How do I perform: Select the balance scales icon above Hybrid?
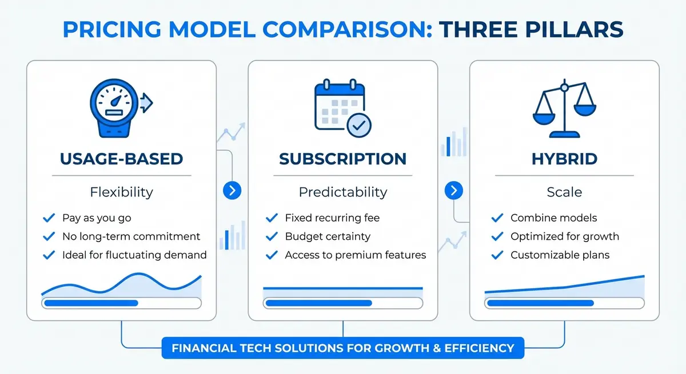(x=564, y=108)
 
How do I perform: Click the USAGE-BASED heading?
(x=121, y=159)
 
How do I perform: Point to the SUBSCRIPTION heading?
(x=343, y=159)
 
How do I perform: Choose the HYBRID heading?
(x=564, y=159)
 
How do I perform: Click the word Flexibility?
(x=121, y=192)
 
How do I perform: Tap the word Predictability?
(x=343, y=192)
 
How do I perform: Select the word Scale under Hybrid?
(x=564, y=192)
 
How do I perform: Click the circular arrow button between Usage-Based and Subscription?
(x=232, y=191)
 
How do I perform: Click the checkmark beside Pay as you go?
(x=49, y=218)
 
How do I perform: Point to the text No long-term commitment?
(x=131, y=236)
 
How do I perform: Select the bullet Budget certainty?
(x=328, y=236)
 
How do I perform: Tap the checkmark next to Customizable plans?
(x=497, y=255)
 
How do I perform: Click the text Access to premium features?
(x=355, y=255)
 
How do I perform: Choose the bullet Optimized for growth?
(x=564, y=236)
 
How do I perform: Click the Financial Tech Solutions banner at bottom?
(x=342, y=347)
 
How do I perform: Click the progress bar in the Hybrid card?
(x=564, y=303)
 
